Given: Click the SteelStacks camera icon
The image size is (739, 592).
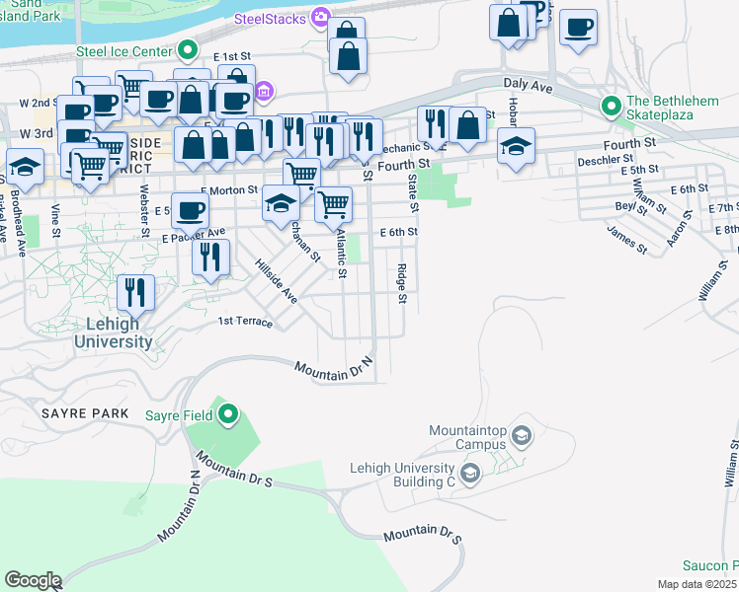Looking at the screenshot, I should point(320,17).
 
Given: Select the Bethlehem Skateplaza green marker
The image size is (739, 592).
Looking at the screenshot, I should point(612,105).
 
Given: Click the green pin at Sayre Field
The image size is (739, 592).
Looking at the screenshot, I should point(228,414).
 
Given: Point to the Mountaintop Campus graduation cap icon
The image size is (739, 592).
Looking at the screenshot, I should point(523,434).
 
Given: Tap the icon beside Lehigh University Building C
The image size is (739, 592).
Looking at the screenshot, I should point(470,476).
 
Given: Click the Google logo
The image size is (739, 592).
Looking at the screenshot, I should point(32,580).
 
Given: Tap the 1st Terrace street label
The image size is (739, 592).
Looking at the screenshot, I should point(244,321).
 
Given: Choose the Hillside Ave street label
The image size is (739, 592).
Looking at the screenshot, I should point(276,281).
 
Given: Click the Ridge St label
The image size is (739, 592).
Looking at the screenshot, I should point(402,284).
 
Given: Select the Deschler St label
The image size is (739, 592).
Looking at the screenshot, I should point(605,158).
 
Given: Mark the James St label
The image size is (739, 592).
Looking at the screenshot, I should point(627,241).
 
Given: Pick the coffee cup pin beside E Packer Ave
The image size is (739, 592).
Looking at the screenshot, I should point(192,210).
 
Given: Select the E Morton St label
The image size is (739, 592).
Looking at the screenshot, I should point(228,190).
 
